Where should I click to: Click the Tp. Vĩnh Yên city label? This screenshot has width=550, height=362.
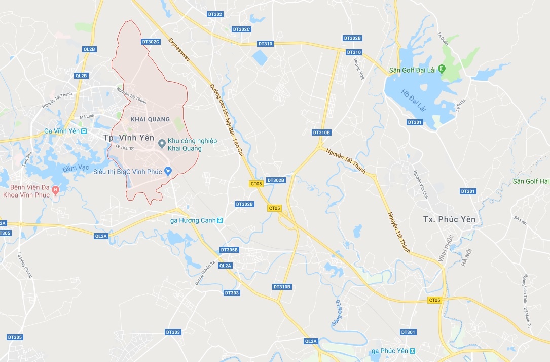click(x=128, y=138)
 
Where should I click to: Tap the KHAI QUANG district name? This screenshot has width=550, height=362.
click(x=150, y=119)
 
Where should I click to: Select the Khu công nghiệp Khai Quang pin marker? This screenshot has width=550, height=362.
click(x=162, y=144)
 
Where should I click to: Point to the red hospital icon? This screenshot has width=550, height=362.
click(x=56, y=190)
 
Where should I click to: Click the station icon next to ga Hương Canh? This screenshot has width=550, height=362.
click(x=219, y=221)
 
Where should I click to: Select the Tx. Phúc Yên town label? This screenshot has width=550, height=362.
click(x=450, y=219)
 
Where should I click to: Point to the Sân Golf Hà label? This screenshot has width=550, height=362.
click(x=530, y=181)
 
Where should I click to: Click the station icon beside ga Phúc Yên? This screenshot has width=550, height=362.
click(x=413, y=351)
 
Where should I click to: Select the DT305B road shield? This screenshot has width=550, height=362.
click(x=229, y=250)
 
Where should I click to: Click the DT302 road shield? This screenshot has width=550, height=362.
click(x=215, y=14)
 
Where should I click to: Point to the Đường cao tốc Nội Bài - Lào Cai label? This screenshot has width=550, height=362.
click(x=227, y=125)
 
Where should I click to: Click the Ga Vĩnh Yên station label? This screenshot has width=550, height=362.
click(x=62, y=131)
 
